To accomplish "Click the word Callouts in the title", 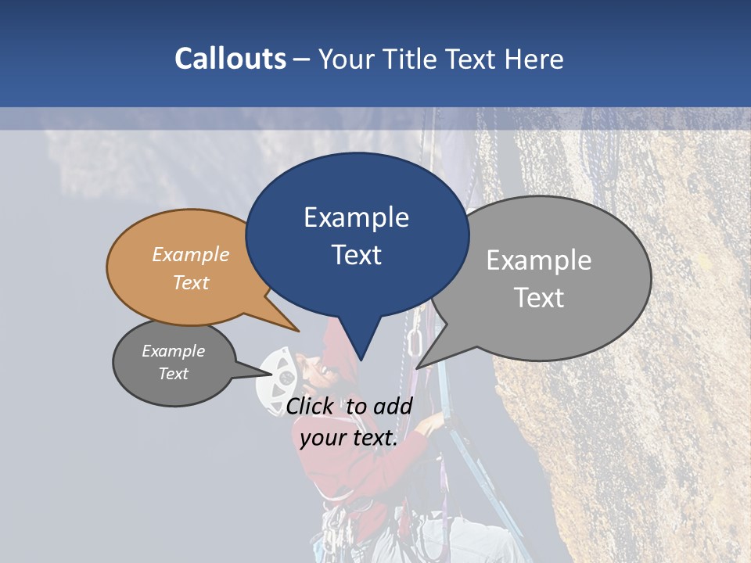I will [x=230, y=59].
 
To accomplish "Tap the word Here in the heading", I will [x=534, y=59].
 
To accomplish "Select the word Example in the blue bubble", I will [x=356, y=217].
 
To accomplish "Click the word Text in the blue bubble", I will [x=356, y=255].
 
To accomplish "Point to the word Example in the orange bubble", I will [x=190, y=254].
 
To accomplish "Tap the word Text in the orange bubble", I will [x=190, y=282].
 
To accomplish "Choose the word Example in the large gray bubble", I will [x=538, y=260].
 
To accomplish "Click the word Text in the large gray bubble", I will [x=538, y=298].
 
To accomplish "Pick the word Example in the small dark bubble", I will [x=173, y=351].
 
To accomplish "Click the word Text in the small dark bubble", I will [x=173, y=374].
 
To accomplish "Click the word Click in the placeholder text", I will [x=311, y=406].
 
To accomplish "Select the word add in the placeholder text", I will [x=393, y=406].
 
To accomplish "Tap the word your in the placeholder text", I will [x=322, y=438].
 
